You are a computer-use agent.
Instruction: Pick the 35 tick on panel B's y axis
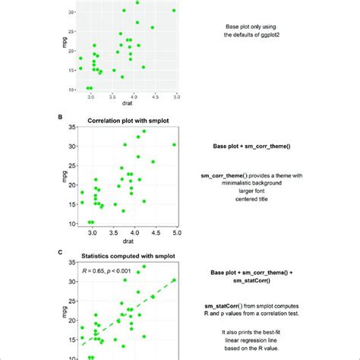70,126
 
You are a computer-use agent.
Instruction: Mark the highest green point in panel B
144,131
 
